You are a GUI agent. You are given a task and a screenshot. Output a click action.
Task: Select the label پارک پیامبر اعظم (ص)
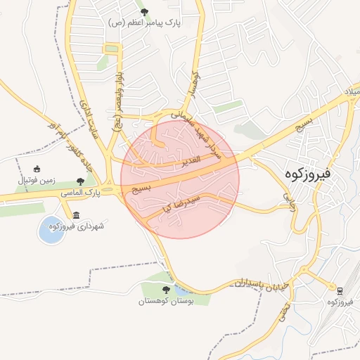point(145,23)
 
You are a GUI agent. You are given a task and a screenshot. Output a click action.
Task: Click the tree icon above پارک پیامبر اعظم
point(145,12)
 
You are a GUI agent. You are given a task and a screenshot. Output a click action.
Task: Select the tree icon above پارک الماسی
point(82,181)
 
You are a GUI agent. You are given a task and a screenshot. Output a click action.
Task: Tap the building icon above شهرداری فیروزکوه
point(76,215)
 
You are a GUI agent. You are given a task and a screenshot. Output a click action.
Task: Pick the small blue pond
point(51,231)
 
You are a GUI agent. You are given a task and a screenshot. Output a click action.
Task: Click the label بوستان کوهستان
point(167,301)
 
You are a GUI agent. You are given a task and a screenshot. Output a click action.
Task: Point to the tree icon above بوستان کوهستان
point(167,290)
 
